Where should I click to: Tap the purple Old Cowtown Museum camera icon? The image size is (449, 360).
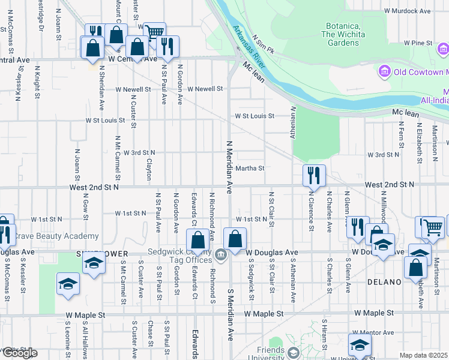pos(384,73)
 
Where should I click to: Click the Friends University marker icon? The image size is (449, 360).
pos(292,352)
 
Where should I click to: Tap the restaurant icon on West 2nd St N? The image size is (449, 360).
pos(314,175)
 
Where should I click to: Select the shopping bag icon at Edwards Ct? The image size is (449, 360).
pos(197,240)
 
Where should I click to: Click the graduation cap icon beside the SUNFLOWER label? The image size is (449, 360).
pos(94,264)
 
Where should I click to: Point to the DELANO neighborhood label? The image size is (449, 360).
pos(384,282)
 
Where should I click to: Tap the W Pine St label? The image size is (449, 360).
pos(418,43)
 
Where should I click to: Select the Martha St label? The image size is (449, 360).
pos(250,169)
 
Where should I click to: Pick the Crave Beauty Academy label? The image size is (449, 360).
pos(54,236)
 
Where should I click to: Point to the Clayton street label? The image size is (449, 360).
pos(148,170)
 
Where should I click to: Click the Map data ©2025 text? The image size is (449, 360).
pos(424,355)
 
